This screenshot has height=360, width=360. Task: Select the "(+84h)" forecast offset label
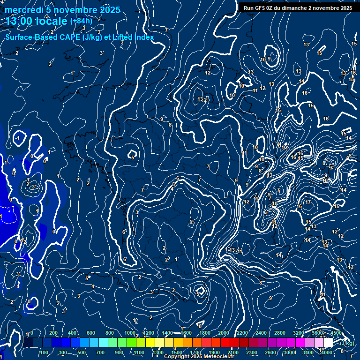[x=81, y=21]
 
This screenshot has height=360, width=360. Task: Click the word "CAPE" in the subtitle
[x=67, y=37]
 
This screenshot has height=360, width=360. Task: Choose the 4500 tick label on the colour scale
[x=336, y=333]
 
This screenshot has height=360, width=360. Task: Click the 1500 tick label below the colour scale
[x=177, y=352]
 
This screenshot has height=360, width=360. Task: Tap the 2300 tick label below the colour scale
[x=252, y=352]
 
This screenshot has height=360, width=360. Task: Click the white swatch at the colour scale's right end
[x=328, y=343]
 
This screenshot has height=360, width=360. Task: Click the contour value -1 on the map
[x=18, y=138]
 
